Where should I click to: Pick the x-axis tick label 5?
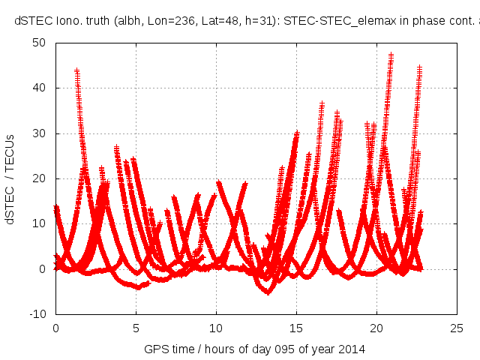(x=136, y=328)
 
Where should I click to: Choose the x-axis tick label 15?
(x=296, y=328)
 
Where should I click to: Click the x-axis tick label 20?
(x=376, y=328)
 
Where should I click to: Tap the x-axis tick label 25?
(x=457, y=328)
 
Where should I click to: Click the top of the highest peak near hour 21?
(x=391, y=55)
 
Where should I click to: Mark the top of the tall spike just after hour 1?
(x=76, y=70)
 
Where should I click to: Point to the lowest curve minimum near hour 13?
(x=268, y=292)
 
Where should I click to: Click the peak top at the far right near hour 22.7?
(x=420, y=67)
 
